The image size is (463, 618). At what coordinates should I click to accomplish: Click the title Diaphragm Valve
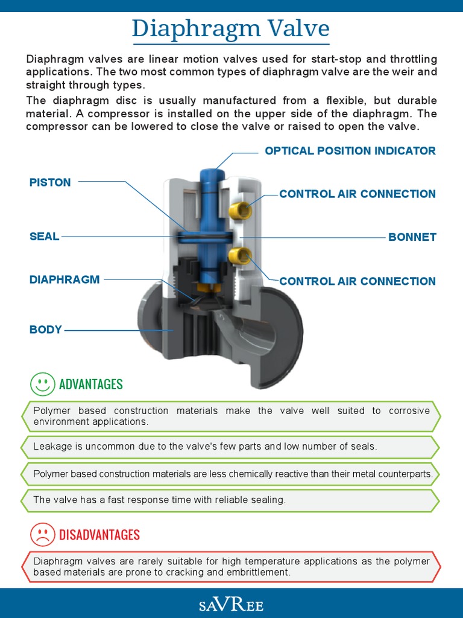tap(231, 28)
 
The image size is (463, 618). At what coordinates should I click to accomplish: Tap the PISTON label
tap(50, 182)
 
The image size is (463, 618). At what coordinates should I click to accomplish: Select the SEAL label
tap(44, 237)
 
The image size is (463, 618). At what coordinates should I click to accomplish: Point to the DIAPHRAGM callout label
tap(65, 279)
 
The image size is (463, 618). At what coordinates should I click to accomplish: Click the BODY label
tap(46, 330)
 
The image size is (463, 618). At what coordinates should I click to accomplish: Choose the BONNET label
tap(412, 237)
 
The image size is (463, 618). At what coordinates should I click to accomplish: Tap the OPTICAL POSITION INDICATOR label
tap(350, 151)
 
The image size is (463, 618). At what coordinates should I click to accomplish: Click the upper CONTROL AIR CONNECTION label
tap(357, 194)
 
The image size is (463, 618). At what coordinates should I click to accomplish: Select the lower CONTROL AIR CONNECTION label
tap(357, 281)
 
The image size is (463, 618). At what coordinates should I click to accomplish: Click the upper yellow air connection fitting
tap(241, 210)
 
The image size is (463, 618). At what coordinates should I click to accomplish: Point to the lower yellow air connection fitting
tap(240, 255)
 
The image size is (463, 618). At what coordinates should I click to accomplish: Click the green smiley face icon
tap(42, 384)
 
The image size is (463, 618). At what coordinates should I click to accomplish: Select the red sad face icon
tap(42, 534)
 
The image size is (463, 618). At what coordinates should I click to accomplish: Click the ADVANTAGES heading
tap(90, 384)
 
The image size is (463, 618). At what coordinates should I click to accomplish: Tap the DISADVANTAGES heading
tap(99, 535)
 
